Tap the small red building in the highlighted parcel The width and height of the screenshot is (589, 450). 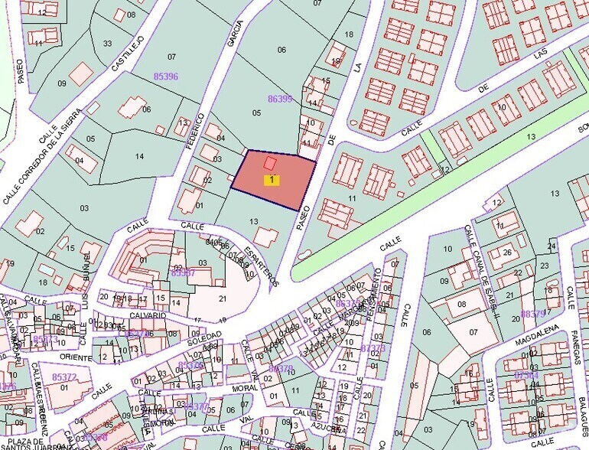[x=270, y=163]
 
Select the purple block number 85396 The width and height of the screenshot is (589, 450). [x=165, y=77]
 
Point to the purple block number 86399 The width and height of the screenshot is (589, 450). [x=280, y=99]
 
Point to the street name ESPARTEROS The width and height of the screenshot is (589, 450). [x=262, y=261]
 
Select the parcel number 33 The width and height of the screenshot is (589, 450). [x=107, y=43]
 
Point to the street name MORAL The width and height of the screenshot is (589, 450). [x=245, y=389]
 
